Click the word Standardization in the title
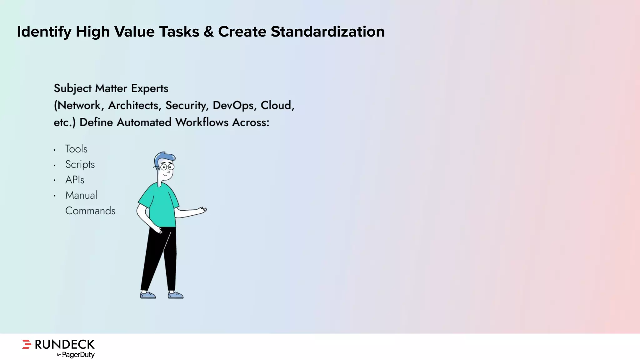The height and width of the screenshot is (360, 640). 327,32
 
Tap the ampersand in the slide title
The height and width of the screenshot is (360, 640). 208,32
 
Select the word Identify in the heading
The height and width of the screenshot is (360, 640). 44,32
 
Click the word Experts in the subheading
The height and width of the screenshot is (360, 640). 149,88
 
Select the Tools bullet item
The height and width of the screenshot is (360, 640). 76,149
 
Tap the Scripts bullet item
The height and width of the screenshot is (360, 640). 80,164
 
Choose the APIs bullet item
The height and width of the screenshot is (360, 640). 75,180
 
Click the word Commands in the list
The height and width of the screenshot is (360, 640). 90,211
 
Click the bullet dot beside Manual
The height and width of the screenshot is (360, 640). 54,196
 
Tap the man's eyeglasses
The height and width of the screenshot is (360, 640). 167,167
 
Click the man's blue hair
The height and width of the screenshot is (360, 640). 164,156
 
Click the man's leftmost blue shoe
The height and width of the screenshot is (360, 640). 147,295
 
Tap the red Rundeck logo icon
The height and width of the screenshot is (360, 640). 27,344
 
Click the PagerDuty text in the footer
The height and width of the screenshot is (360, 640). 78,355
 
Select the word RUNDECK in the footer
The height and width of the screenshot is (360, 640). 64,344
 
